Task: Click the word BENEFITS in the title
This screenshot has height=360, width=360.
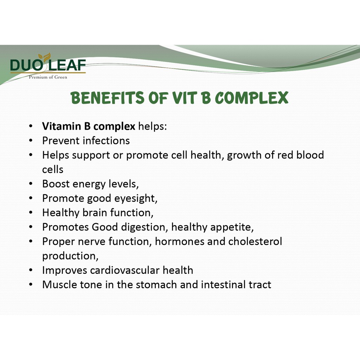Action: tap(108, 98)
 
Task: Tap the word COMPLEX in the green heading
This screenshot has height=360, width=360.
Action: tap(251, 98)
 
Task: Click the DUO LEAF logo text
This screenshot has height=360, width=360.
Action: tap(48, 65)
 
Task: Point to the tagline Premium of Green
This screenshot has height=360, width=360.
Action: tap(48, 77)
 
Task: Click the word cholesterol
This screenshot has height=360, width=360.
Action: tap(255, 241)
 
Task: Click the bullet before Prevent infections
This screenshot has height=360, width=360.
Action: tap(31, 141)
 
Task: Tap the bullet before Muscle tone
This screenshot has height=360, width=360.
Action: tap(31, 285)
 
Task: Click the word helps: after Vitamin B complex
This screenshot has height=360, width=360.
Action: tap(153, 126)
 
